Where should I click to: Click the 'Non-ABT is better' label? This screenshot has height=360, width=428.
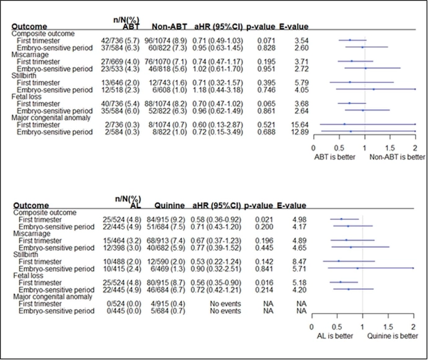click(x=393, y=157)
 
